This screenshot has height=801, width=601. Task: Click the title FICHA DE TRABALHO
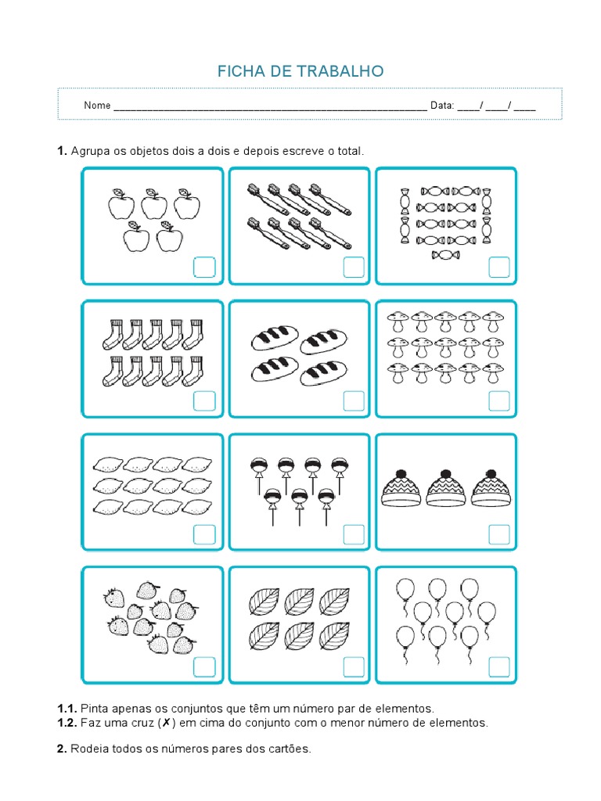pyautogui.click(x=300, y=72)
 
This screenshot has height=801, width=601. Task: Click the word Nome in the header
pyautogui.click(x=97, y=106)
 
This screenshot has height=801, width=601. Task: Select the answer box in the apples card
pyautogui.click(x=203, y=268)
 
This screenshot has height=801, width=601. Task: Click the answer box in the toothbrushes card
pyautogui.click(x=354, y=268)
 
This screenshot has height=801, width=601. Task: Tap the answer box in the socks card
pyautogui.click(x=203, y=401)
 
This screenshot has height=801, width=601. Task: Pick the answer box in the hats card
pyautogui.click(x=499, y=534)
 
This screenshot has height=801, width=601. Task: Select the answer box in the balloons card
pyautogui.click(x=499, y=667)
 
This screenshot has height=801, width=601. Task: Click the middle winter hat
pyautogui.click(x=446, y=490)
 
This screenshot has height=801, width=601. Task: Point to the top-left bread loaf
pyautogui.click(x=274, y=339)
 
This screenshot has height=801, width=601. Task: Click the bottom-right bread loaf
pyautogui.click(x=323, y=372)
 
